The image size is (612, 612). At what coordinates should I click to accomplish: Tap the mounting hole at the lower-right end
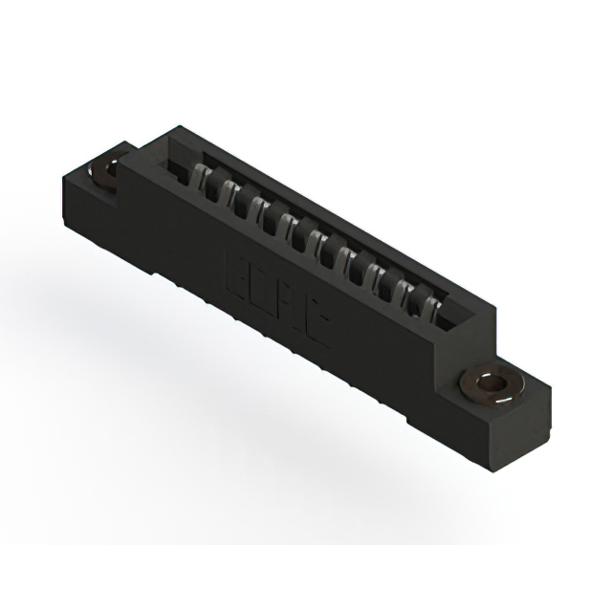pos(492,383)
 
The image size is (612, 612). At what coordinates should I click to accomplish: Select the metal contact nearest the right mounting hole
pos(432,307)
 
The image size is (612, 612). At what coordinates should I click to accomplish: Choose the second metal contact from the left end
pos(230,192)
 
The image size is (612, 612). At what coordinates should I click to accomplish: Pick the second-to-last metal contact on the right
pos(406,292)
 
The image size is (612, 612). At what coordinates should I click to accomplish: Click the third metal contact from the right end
pos(380,276)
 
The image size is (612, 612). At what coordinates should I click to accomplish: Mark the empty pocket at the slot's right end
pos(449,321)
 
